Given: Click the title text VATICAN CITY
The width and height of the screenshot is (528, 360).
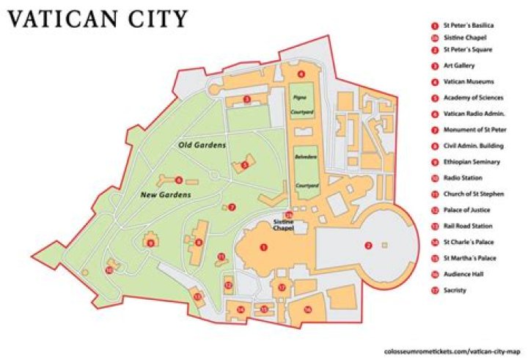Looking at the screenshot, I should [97, 19].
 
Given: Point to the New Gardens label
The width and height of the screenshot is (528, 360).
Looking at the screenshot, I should [166, 195].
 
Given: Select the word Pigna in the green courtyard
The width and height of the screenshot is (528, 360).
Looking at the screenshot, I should [299, 97].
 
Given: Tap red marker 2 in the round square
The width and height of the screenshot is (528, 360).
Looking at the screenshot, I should [369, 245].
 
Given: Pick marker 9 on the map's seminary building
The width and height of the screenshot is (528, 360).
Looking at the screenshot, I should [151, 243].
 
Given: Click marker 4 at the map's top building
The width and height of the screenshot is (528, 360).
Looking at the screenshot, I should [301, 74].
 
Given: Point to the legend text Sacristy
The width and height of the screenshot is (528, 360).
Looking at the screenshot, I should [455, 291].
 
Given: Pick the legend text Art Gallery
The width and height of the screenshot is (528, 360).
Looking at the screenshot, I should [458, 66].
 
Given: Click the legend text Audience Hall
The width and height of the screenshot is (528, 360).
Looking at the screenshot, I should [462, 275].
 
